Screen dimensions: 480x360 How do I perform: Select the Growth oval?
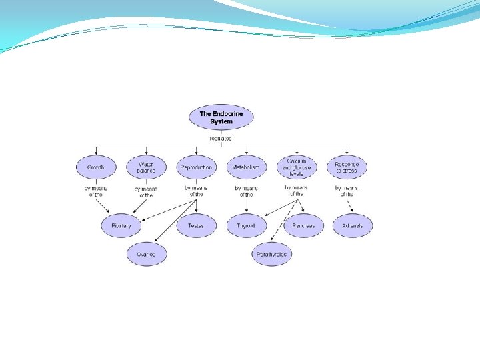tap(96, 167)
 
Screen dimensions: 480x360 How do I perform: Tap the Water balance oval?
tap(146, 167)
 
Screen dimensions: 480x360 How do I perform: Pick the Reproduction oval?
tap(196, 167)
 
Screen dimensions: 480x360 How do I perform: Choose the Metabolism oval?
tap(246, 167)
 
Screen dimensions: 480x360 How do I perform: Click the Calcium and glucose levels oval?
tap(297, 167)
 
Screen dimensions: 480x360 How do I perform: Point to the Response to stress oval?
tap(347, 167)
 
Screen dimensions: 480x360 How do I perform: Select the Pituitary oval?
tap(121, 226)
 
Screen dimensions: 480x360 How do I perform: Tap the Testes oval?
tap(196, 226)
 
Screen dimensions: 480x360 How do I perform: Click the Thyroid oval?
tap(246, 226)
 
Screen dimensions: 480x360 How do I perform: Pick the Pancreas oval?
tap(303, 226)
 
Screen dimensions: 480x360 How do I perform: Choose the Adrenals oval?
tap(352, 226)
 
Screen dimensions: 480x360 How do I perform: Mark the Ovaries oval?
tap(146, 254)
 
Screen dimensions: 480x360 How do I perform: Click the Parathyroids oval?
tap(271, 254)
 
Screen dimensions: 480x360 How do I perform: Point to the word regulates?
tap(221, 139)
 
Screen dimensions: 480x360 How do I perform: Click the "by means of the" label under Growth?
tap(96, 191)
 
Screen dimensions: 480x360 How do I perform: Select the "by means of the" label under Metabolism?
tap(246, 191)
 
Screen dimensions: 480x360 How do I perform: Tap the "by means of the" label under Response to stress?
tap(347, 191)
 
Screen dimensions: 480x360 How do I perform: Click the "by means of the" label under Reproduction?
tap(196, 191)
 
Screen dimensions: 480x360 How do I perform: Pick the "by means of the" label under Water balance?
tap(146, 192)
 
